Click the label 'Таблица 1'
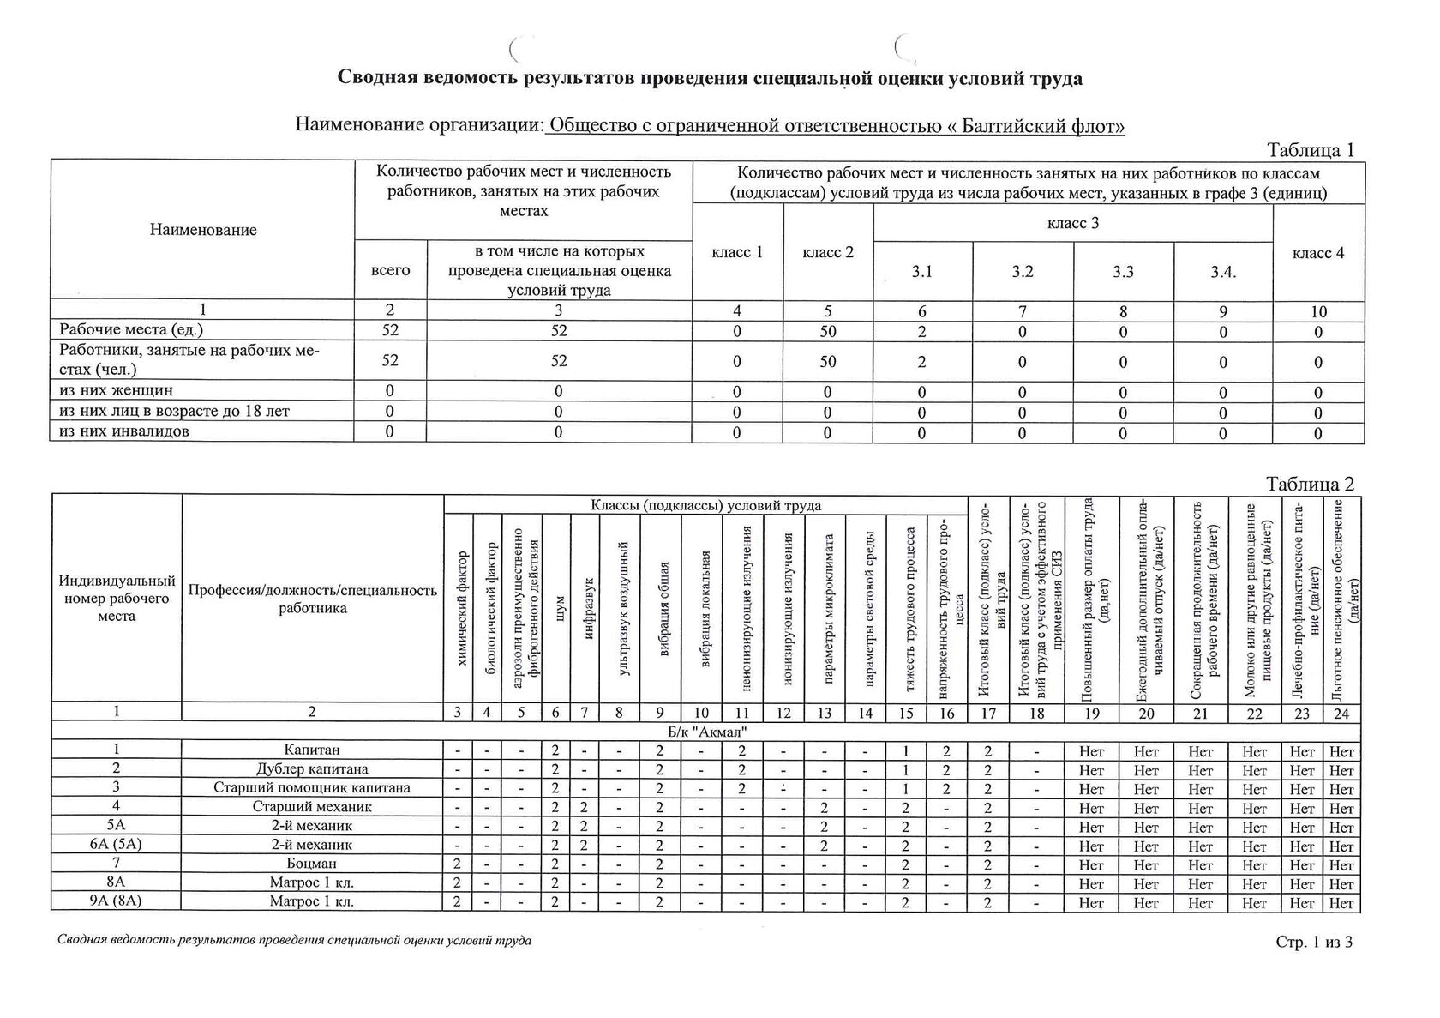point(1310,149)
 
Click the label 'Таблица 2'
point(1310,484)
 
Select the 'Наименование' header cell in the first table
point(203,230)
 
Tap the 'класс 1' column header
point(737,252)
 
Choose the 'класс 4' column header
point(1318,252)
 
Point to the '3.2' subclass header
point(1022,271)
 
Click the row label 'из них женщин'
point(116,391)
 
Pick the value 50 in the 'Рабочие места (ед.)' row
point(827,331)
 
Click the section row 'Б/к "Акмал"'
point(706,731)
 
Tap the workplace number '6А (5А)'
point(116,845)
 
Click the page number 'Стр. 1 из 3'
point(1313,942)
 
